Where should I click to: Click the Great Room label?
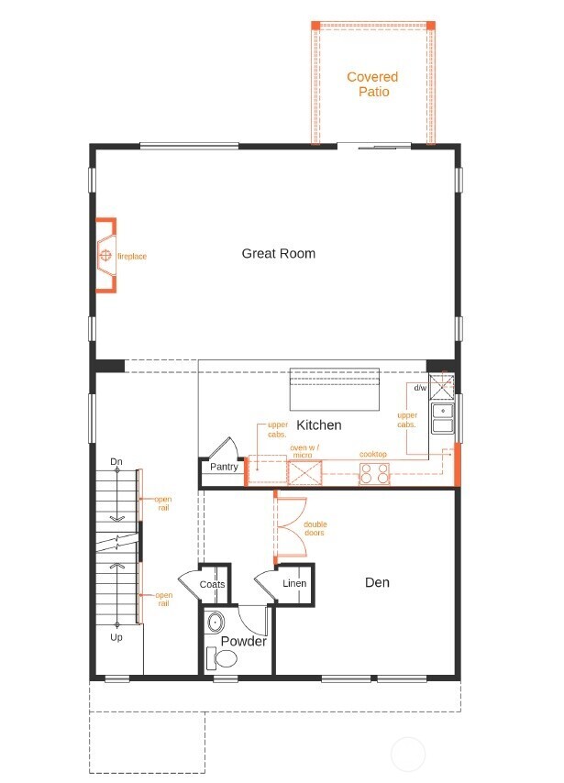point(278,253)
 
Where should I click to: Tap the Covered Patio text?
point(372,84)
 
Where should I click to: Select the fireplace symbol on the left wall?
point(105,255)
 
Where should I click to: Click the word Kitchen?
point(318,425)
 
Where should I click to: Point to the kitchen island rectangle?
point(335,390)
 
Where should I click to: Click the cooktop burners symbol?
point(374,473)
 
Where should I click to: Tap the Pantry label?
point(224,467)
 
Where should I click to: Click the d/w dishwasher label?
point(420,388)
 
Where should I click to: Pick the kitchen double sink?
point(442,418)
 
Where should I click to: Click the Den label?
point(377,582)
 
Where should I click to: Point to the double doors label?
point(315,529)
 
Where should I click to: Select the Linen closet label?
point(293,583)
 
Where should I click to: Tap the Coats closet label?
point(212,584)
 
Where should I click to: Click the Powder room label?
point(243,641)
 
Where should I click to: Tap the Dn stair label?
point(116,460)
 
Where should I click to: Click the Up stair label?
point(116,636)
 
